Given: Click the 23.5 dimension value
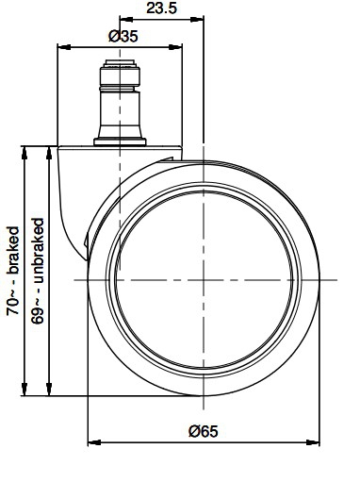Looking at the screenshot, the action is click(x=161, y=8).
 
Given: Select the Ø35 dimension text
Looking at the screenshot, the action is click(x=123, y=36).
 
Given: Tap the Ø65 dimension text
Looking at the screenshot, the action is click(x=203, y=431).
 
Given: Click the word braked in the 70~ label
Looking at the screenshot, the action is click(x=13, y=250).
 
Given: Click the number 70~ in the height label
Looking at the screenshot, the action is click(x=13, y=303).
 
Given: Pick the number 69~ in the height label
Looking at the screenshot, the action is click(x=38, y=311).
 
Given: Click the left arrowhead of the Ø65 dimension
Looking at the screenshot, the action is click(x=94, y=442).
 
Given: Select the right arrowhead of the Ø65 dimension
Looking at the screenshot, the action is click(x=313, y=442).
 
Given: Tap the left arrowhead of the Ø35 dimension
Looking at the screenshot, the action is click(x=64, y=47).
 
